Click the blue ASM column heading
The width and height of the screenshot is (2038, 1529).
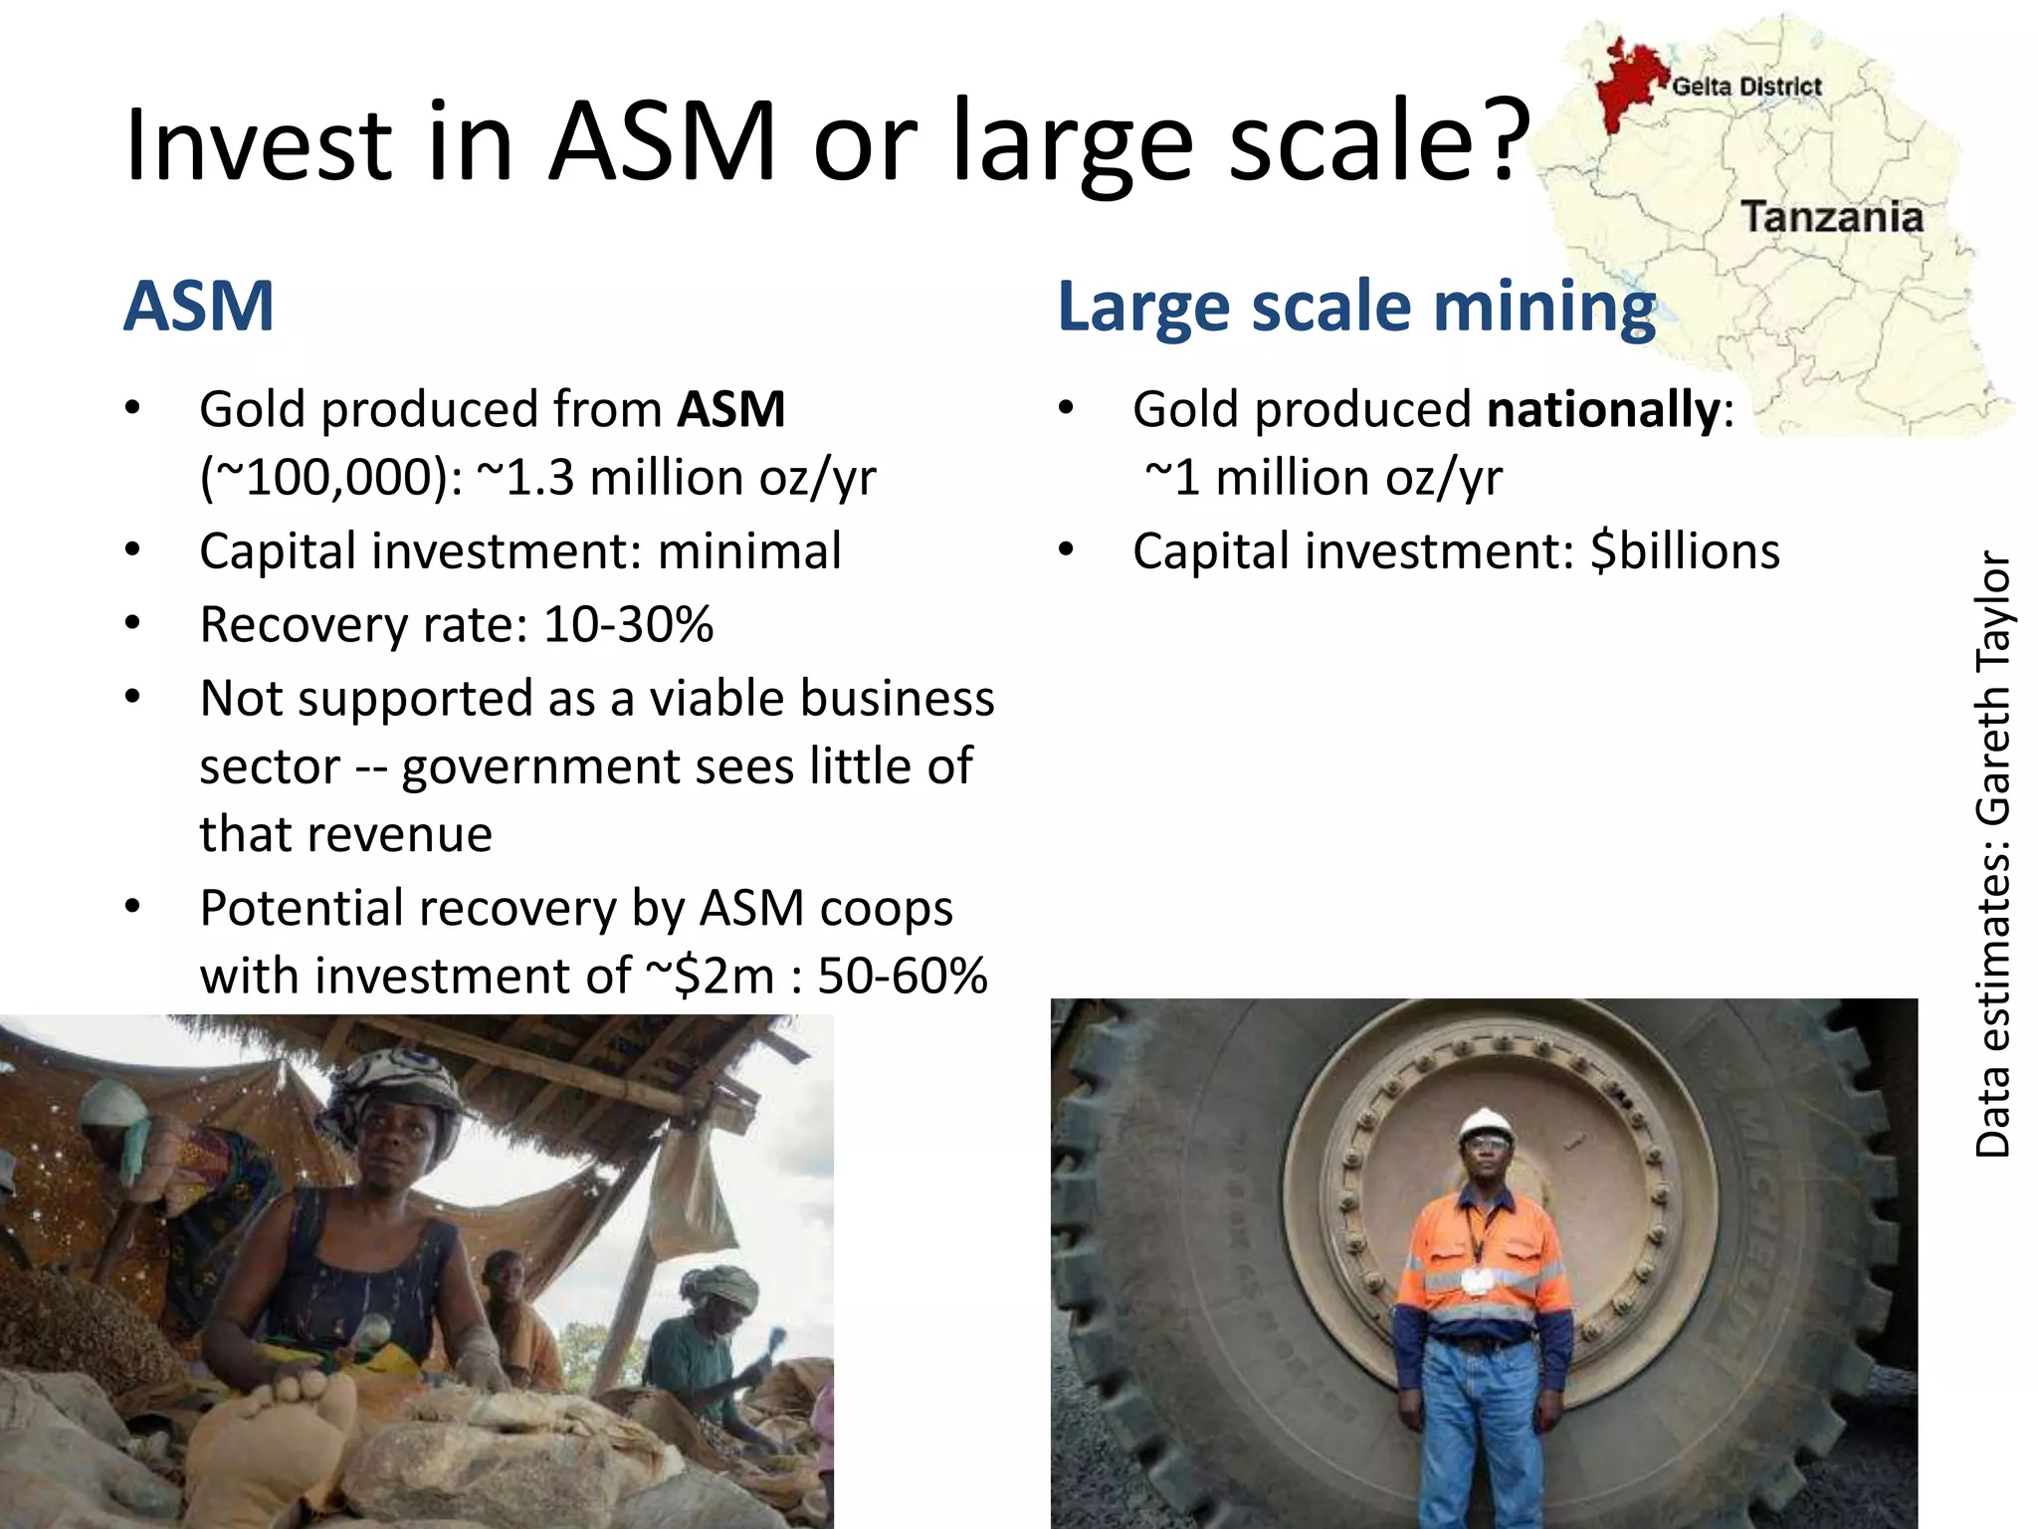pos(199,306)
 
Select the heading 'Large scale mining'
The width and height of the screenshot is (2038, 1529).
pos(1355,307)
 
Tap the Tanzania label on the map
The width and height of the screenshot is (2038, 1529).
pos(1831,218)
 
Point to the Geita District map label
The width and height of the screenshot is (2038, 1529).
pos(1746,87)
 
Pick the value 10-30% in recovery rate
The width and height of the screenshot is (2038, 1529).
pos(629,625)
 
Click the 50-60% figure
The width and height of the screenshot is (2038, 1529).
pos(903,976)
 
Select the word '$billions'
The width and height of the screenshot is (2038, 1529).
pos(1685,551)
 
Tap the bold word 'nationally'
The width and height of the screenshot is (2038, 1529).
pos(1602,410)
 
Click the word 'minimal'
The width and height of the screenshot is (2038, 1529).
pos(749,551)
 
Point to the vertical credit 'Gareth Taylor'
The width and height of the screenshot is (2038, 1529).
pos(1993,687)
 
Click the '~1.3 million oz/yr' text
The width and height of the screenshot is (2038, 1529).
pos(677,478)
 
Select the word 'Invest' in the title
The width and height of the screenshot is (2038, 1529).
pos(259,143)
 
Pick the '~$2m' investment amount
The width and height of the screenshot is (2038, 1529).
pos(711,976)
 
